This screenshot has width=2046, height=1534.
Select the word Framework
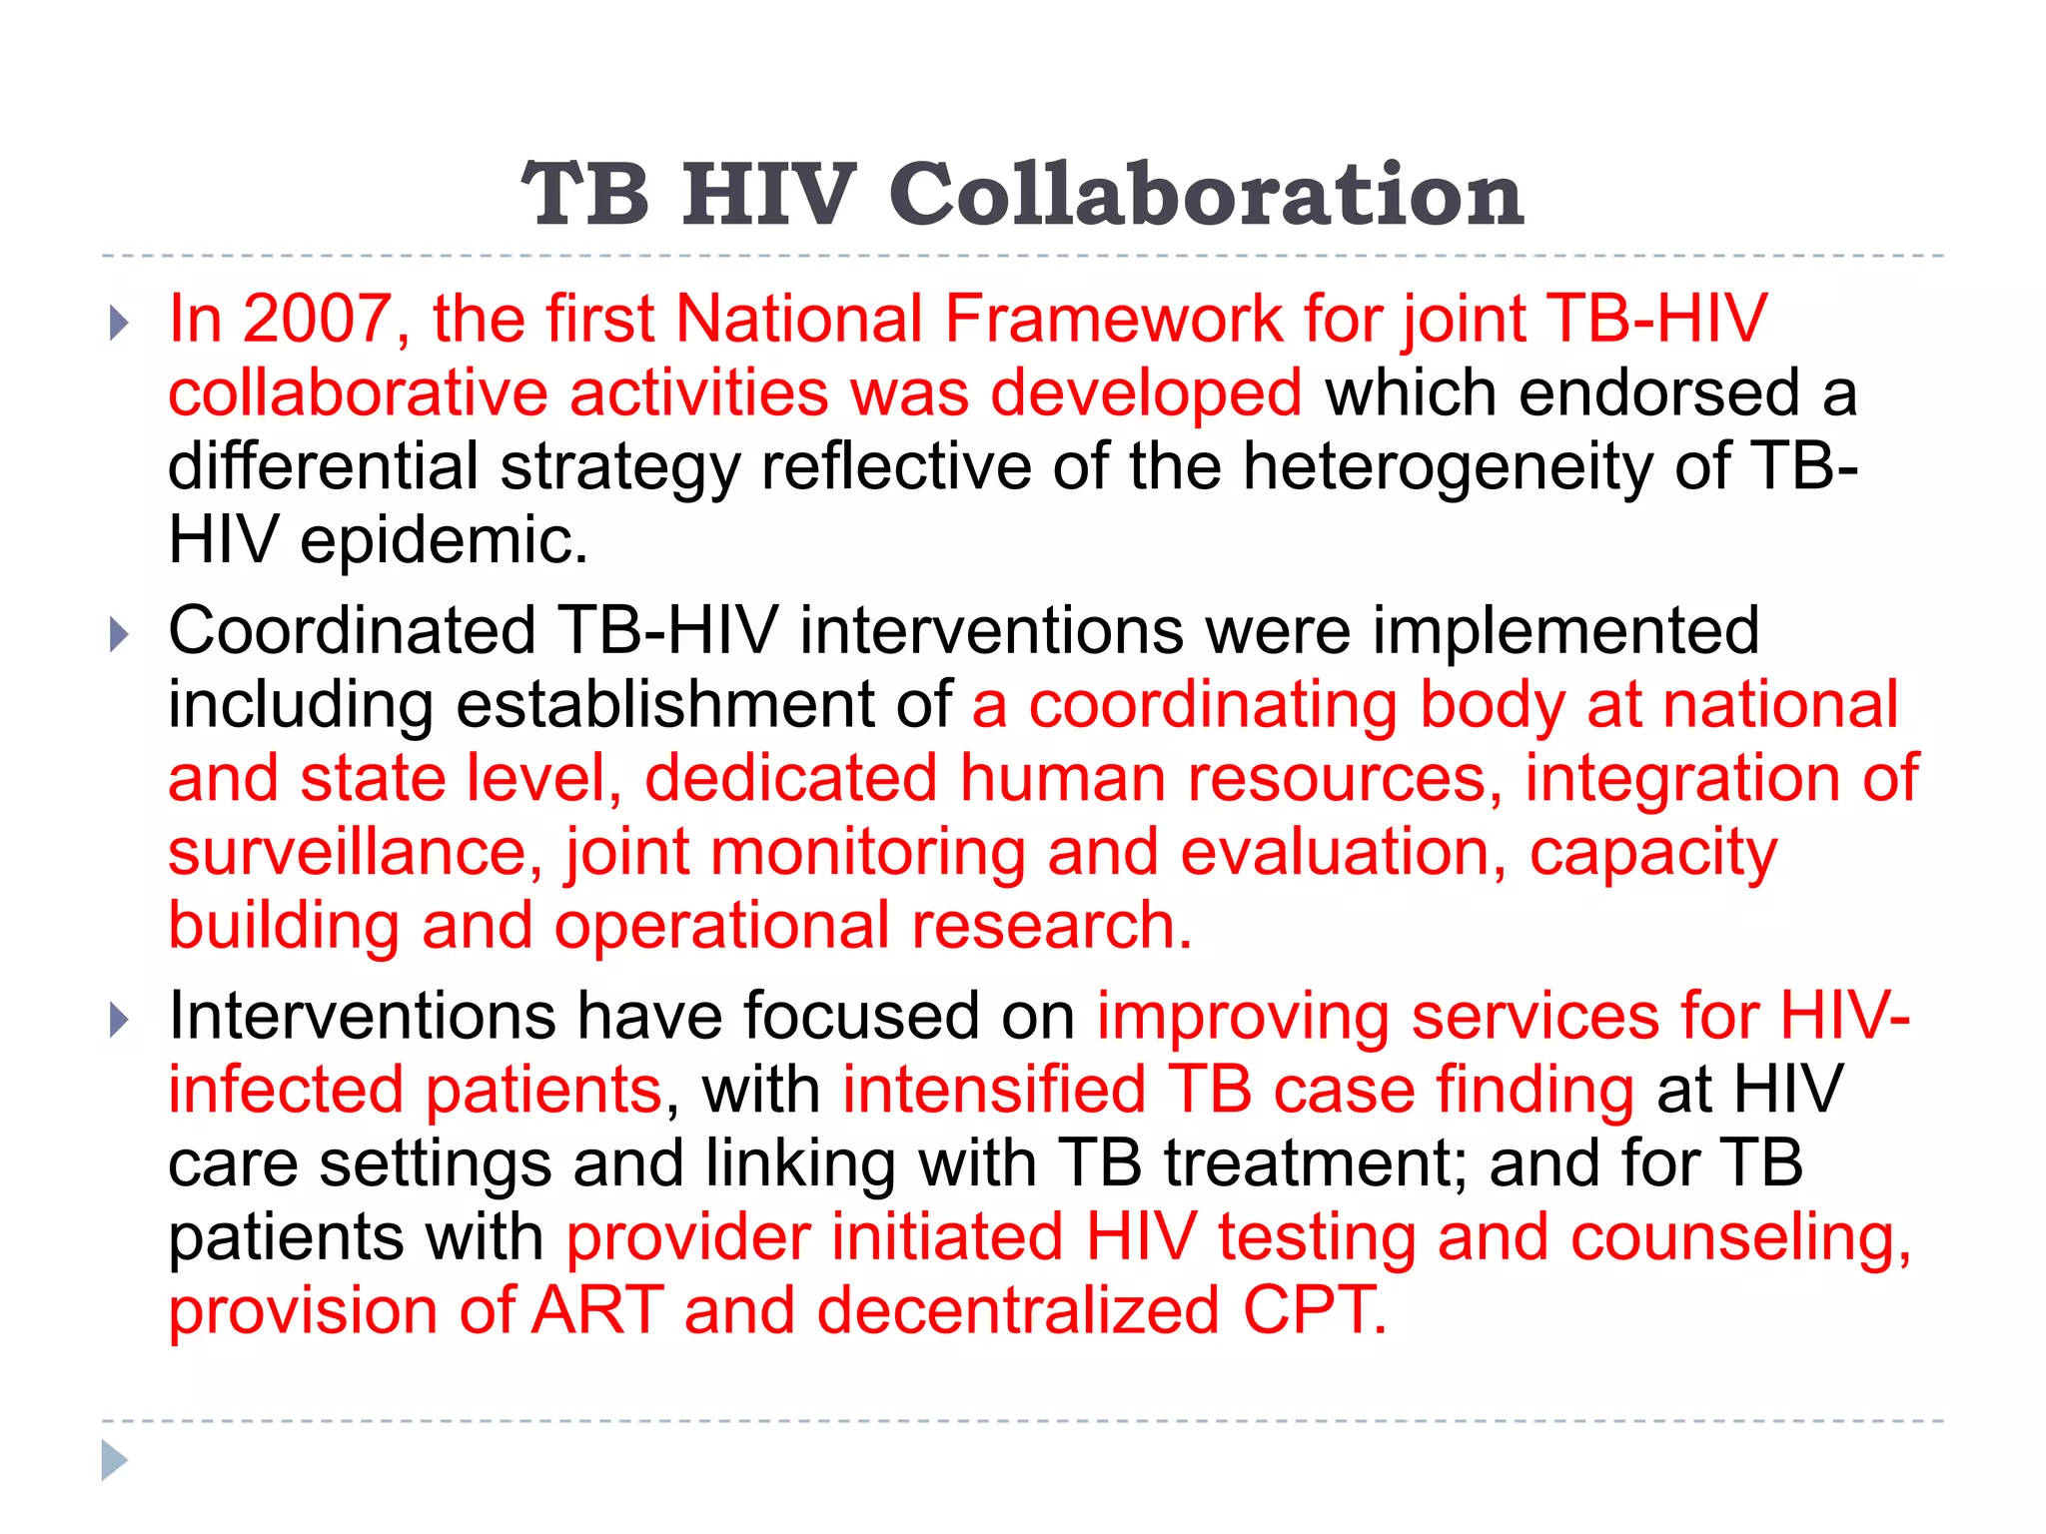(x=1112, y=320)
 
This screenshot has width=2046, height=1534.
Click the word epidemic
(x=444, y=540)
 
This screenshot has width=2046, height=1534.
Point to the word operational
(x=721, y=926)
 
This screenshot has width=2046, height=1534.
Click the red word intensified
(x=993, y=1090)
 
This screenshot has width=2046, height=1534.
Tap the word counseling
(x=1740, y=1237)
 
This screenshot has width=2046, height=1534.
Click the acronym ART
(x=597, y=1310)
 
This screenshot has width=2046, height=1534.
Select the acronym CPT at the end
(x=1314, y=1310)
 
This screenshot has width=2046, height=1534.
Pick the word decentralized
(x=1018, y=1310)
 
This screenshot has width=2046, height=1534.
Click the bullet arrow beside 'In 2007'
(x=119, y=323)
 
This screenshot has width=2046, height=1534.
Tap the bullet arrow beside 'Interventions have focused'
(x=119, y=1020)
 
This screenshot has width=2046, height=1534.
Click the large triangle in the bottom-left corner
(x=114, y=1460)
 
